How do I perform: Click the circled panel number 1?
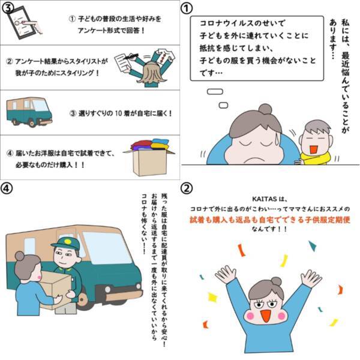coord(187,8)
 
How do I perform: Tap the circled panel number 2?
coord(187,188)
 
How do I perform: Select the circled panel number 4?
coord(7,188)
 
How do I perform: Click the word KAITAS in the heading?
coord(264,199)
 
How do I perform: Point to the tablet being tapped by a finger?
coord(19,22)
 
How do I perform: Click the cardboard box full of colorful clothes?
coord(149,157)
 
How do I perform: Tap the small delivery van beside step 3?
coord(29,112)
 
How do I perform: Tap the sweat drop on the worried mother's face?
coord(278,139)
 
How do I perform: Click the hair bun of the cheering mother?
coord(276,281)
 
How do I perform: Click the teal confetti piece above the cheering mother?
coord(313,246)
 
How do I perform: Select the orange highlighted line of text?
coord(270,220)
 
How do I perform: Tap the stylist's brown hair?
coord(152,74)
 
